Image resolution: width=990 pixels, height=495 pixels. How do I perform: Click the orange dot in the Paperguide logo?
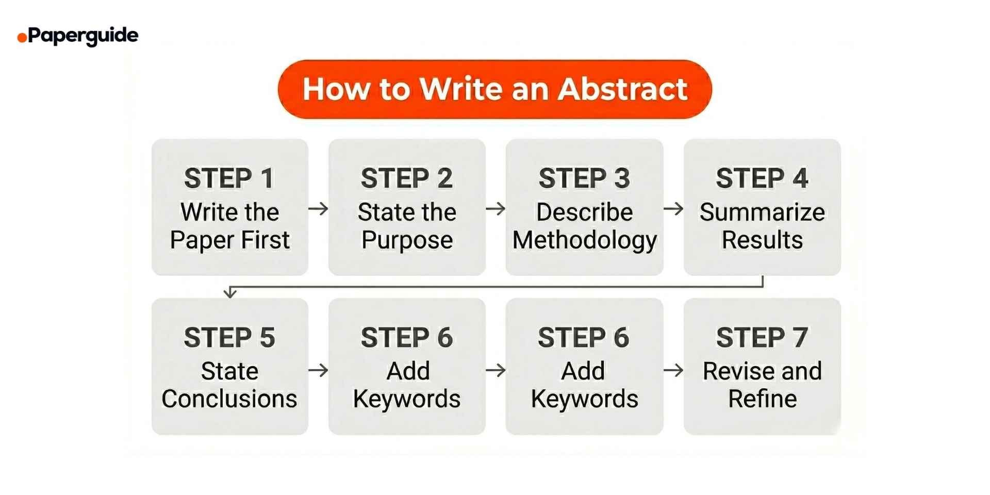point(22,38)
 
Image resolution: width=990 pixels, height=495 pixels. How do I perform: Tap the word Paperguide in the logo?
point(83,36)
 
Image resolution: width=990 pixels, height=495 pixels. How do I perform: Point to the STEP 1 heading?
point(229,178)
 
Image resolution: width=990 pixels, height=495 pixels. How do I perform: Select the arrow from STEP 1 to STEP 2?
point(318,209)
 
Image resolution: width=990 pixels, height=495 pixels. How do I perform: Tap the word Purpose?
point(407,240)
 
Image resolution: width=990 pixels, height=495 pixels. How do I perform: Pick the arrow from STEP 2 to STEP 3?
point(496,209)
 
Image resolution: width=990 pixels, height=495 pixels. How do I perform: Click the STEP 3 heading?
point(584,178)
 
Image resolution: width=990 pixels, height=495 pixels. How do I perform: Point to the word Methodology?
point(584,240)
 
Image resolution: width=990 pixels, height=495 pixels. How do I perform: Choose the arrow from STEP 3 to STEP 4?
point(673,209)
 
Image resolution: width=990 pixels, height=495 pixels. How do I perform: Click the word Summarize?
point(762,212)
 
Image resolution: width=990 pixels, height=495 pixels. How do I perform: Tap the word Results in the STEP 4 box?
point(762,240)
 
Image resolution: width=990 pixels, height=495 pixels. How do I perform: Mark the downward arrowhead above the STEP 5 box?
point(230,293)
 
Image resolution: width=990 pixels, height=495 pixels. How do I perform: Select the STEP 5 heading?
point(229,338)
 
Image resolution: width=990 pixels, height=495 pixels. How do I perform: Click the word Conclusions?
point(229,399)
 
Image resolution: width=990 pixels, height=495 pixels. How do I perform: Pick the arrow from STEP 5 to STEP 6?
point(318,370)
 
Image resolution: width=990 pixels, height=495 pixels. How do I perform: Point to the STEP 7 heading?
point(762,338)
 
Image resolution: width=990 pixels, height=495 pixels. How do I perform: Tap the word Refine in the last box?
point(762,399)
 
